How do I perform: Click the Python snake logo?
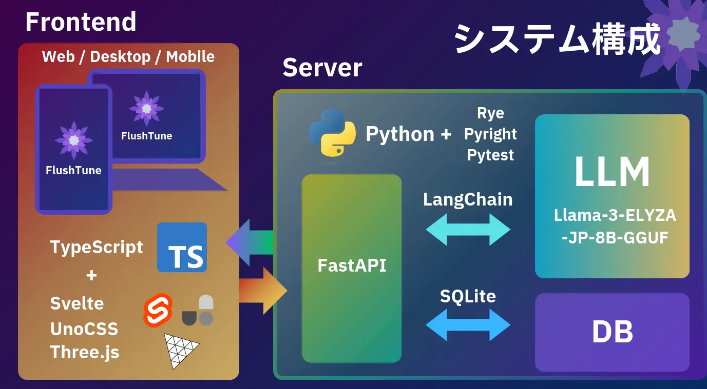point(332,132)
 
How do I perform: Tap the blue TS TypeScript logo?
point(182,248)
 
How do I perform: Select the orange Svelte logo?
point(158,310)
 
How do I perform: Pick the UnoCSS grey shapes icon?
point(198,311)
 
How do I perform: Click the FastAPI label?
point(352,265)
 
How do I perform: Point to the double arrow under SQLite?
point(468,325)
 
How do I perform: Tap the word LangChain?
point(468,199)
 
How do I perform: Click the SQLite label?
point(468,296)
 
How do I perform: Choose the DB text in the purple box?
point(612,332)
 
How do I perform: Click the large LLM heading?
point(612,172)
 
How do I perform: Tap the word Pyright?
point(490,134)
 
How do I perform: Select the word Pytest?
point(490,155)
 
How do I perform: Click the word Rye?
point(490,113)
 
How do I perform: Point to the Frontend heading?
point(81,22)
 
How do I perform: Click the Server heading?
point(322,68)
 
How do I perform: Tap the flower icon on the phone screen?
point(74,140)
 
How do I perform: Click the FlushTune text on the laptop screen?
point(146,136)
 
